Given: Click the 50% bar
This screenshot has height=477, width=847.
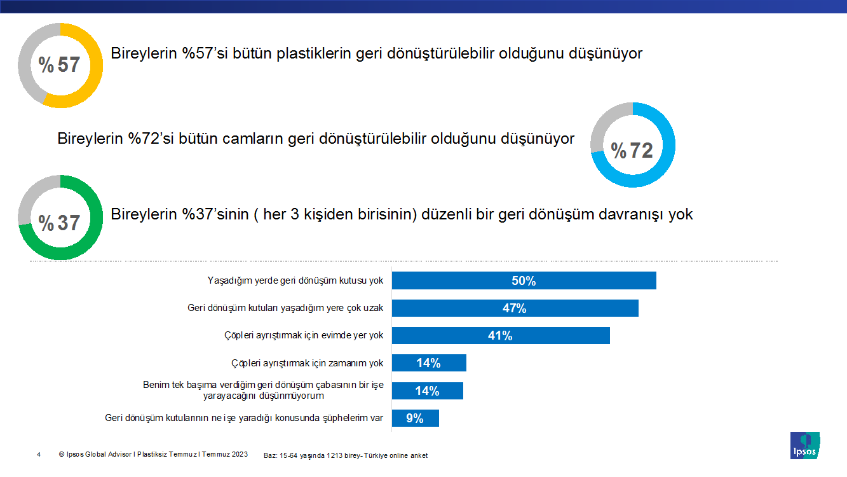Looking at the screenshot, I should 524,280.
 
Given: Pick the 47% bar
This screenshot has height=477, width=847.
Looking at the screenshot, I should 515,308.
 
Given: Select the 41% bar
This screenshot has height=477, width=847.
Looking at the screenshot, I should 501,335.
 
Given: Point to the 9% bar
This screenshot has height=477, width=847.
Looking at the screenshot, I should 415,418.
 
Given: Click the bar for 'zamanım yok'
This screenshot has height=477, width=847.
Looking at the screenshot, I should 429,363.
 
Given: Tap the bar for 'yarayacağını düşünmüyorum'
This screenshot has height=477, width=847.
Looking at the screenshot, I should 427,391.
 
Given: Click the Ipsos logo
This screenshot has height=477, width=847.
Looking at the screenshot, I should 804,445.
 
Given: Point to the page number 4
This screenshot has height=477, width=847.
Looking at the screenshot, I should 39,454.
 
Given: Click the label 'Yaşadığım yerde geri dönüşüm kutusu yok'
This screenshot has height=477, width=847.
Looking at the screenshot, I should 296,280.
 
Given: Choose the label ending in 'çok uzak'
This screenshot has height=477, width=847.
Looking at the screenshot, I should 285,308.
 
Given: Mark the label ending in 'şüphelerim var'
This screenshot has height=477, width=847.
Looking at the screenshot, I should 245,418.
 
